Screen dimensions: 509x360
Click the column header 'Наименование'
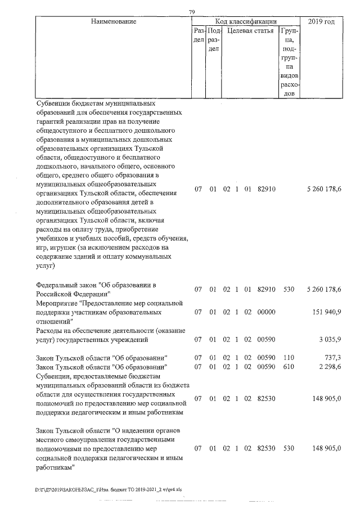pyautogui.click(x=113, y=21)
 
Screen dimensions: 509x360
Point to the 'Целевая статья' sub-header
pyautogui.click(x=250, y=31)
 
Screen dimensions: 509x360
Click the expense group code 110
pyautogui.click(x=290, y=358)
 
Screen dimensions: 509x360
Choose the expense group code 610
pyautogui.click(x=290, y=367)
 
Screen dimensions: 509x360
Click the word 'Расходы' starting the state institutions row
pyautogui.click(x=50, y=331)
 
